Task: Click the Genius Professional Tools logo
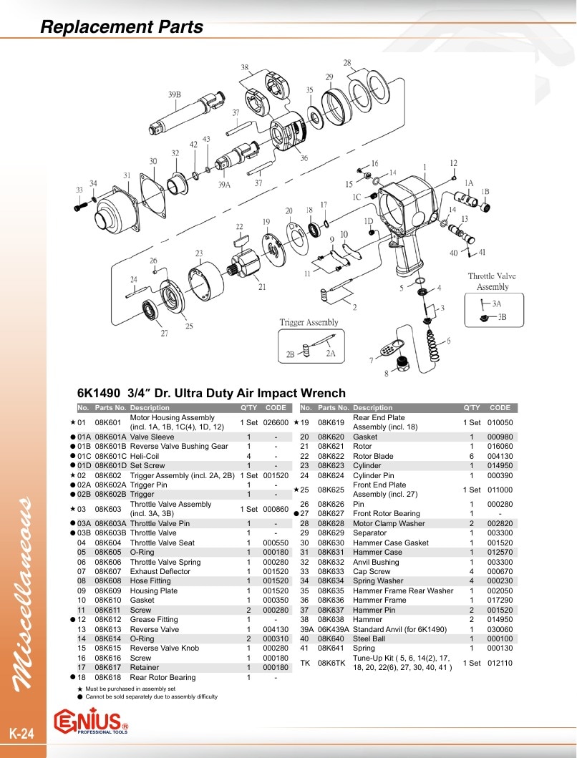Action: pyautogui.click(x=92, y=721)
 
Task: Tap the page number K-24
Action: pyautogui.click(x=21, y=734)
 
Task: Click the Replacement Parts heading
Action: pyautogui.click(x=122, y=26)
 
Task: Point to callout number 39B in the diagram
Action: pyautogui.click(x=175, y=94)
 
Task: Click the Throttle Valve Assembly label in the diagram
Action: pyautogui.click(x=492, y=281)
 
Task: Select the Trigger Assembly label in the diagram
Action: pyautogui.click(x=309, y=322)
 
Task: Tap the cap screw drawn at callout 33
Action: pyautogui.click(x=80, y=206)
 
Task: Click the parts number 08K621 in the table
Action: pyautogui.click(x=331, y=446)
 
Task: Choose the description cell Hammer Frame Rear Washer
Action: pyautogui.click(x=403, y=591)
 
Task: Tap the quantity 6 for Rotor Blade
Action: pyautogui.click(x=472, y=456)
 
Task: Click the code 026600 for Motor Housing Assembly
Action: pyautogui.click(x=276, y=422)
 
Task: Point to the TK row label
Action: pyautogui.click(x=305, y=663)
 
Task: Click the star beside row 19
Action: pyautogui.click(x=296, y=422)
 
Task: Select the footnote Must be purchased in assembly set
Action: pyautogui.click(x=130, y=689)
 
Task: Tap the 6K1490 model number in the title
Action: pyautogui.click(x=99, y=393)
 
